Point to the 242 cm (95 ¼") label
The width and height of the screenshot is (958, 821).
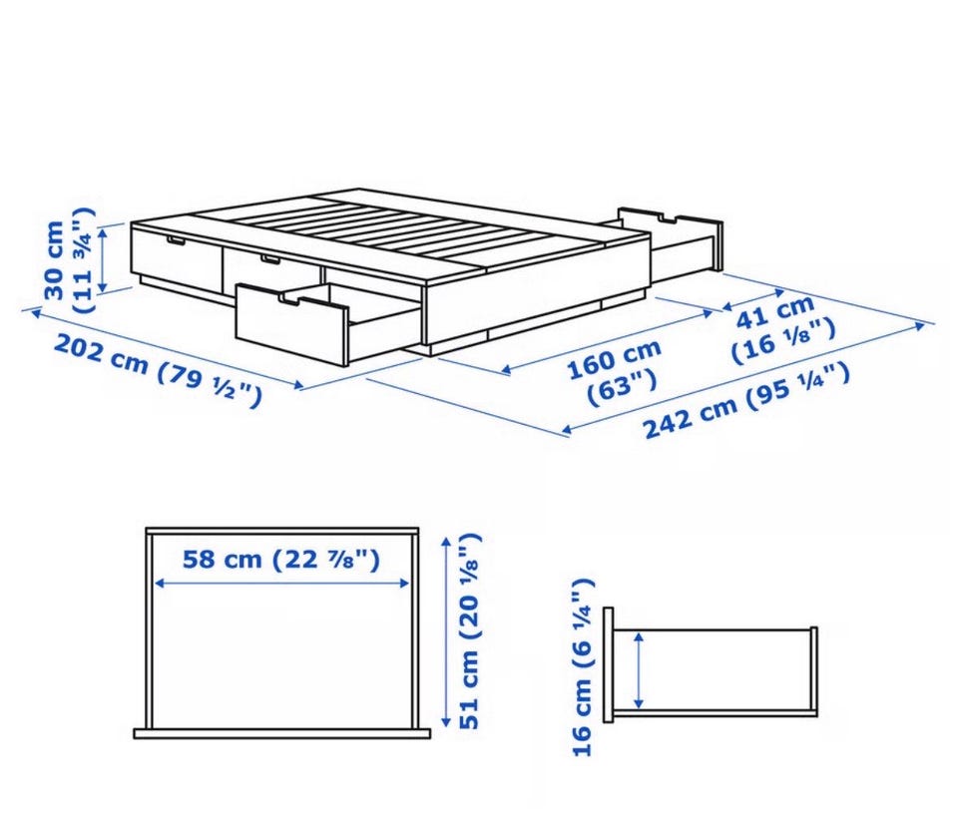(746, 400)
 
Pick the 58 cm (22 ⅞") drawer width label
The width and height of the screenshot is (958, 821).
(281, 559)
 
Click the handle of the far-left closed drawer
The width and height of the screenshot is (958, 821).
(175, 242)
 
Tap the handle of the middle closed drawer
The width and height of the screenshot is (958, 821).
(269, 260)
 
